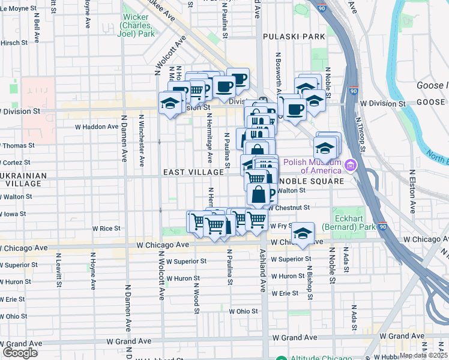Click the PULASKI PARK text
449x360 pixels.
pos(294,37)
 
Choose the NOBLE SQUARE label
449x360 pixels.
pos(312,181)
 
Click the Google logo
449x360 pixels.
pos(20,353)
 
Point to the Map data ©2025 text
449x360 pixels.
pos(423,355)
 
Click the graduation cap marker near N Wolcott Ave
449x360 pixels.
pos(170,103)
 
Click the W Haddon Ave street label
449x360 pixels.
pos(96,127)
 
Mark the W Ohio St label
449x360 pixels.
pos(243,311)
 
